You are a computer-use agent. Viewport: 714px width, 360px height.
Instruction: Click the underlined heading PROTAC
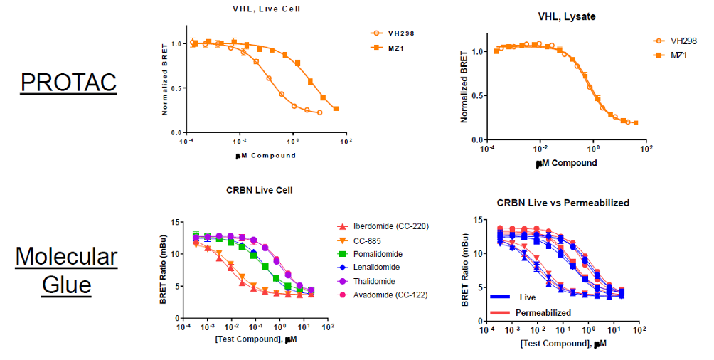point(68,83)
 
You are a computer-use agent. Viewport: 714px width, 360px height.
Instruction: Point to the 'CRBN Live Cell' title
point(259,190)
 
